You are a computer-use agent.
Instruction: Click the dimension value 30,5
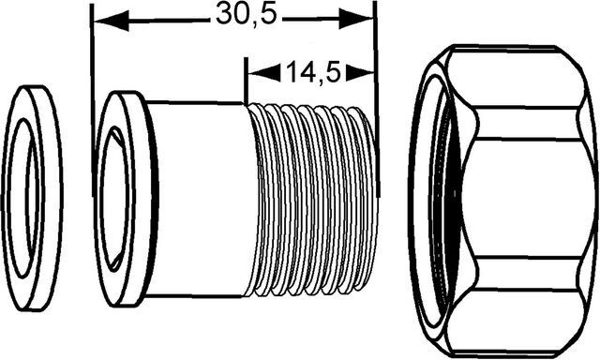click(246, 15)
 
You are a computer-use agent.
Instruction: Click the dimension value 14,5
click(313, 72)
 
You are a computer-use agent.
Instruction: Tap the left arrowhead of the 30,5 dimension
click(112, 21)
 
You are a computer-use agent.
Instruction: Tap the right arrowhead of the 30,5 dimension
click(356, 18)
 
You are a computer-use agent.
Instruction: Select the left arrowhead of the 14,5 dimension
click(264, 72)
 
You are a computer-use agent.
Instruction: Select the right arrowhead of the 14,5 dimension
click(360, 72)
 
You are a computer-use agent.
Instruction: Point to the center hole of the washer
click(23, 198)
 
